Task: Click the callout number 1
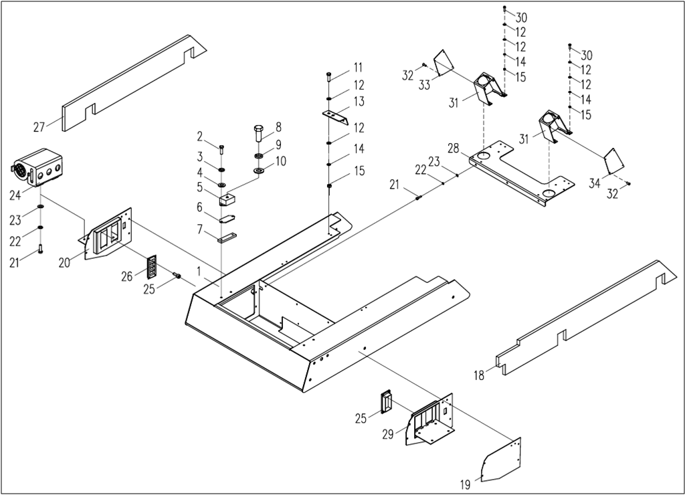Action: tap(199, 270)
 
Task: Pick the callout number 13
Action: tap(359, 102)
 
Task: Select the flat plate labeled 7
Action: tap(227, 237)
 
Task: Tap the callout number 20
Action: tap(64, 263)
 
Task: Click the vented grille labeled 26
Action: tap(151, 268)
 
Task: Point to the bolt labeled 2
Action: tap(222, 148)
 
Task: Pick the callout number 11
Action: tap(359, 67)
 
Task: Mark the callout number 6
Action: tap(199, 208)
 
